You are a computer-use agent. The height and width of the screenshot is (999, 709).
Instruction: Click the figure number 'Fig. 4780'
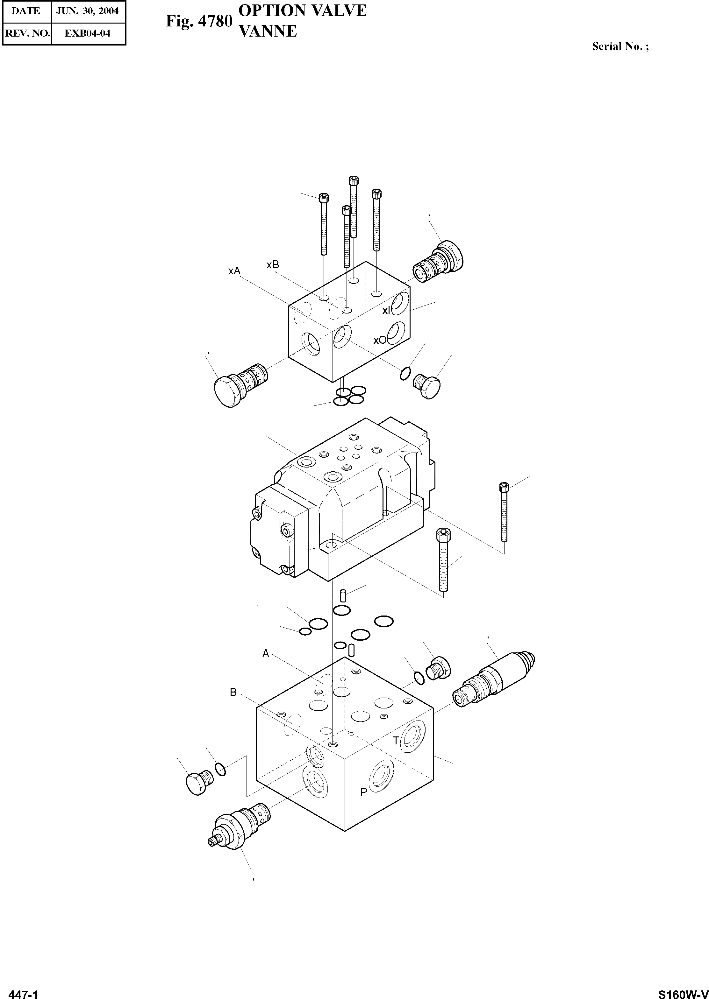click(199, 21)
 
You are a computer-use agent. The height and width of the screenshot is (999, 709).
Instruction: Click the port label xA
click(234, 271)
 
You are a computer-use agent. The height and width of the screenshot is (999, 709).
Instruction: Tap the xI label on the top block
click(386, 310)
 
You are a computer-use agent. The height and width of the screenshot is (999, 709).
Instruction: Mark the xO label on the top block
click(379, 340)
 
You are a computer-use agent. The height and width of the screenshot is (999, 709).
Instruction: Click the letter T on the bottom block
click(396, 740)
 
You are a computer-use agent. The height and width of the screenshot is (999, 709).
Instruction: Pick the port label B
click(233, 692)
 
